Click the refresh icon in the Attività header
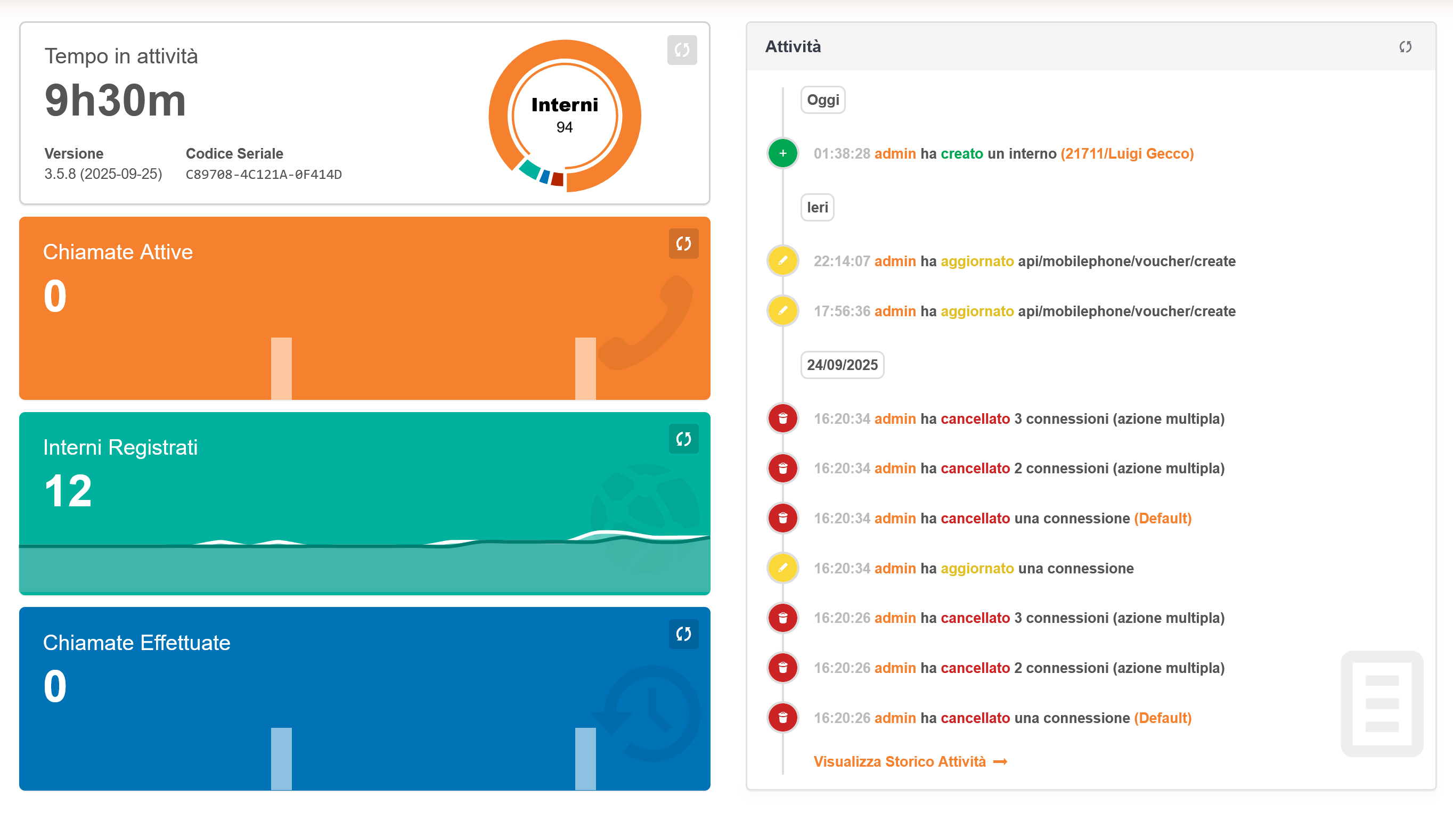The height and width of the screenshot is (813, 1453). point(1405,47)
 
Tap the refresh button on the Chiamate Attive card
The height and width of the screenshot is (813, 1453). point(683,243)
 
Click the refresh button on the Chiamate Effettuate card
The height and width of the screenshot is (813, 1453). point(683,634)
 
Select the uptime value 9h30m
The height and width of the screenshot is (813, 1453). point(115,100)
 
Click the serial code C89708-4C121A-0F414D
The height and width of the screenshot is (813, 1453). point(264,174)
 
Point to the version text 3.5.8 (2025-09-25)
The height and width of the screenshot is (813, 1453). point(103,174)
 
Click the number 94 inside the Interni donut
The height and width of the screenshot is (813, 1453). point(564,127)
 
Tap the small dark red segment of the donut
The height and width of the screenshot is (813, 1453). point(557,179)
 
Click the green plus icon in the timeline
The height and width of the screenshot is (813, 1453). point(782,153)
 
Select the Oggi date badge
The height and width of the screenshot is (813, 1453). point(822,100)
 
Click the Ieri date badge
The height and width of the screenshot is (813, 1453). point(817,208)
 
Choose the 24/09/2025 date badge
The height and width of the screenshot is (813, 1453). point(842,365)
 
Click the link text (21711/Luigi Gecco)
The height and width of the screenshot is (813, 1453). point(1127,153)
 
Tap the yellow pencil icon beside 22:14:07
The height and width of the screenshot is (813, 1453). point(782,260)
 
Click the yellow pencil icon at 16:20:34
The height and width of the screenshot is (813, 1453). point(782,568)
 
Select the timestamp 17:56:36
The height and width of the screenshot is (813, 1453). point(842,311)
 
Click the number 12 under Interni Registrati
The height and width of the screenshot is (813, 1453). point(68,490)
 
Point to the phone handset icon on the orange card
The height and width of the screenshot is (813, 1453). point(649,324)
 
